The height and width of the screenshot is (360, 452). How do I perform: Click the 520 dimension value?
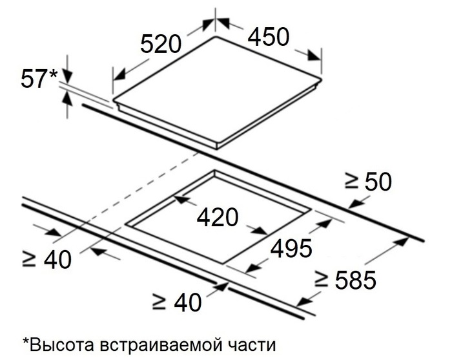point(161,44)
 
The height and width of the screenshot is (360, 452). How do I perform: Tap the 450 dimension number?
point(269,37)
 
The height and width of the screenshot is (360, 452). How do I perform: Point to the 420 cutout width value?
point(218,217)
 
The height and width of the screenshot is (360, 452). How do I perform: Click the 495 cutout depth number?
point(291,248)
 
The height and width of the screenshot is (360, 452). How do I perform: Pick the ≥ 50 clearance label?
point(368,182)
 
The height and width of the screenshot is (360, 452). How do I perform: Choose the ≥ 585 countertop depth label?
point(345,279)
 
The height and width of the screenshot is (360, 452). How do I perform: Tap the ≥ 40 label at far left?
point(46,259)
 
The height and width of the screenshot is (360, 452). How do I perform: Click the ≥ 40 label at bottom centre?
point(177,302)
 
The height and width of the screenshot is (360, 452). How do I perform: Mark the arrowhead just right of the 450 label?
point(314,56)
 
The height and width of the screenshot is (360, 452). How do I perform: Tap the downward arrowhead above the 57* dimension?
point(67,77)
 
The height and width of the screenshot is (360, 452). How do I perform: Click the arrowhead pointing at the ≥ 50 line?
point(355,204)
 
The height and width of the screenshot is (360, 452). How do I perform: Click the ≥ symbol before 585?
point(321,280)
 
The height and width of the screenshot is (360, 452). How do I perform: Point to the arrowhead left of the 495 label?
point(254,268)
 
